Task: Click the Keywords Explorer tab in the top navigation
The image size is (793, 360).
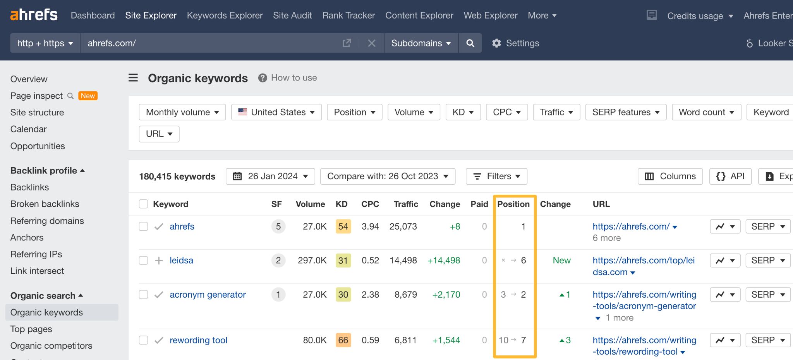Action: tap(225, 15)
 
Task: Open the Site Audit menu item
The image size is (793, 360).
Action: tap(292, 15)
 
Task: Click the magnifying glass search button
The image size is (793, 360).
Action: tap(470, 43)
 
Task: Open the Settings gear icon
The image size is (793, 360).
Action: tap(496, 43)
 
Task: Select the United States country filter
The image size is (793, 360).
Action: tap(276, 112)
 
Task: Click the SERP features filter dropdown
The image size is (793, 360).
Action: tap(626, 112)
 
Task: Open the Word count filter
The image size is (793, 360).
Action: tap(706, 112)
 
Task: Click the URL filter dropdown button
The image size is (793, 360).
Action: tap(159, 134)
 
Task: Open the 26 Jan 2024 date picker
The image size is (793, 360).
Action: tap(270, 177)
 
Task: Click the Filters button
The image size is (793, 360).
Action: tap(496, 177)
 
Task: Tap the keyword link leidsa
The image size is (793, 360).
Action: tap(181, 261)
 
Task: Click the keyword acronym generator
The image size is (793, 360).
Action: tap(208, 295)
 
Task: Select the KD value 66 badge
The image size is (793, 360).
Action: tap(343, 340)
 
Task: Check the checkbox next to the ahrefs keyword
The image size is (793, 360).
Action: tap(144, 226)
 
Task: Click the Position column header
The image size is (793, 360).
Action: tap(513, 204)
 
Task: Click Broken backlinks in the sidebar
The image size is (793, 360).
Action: tap(45, 204)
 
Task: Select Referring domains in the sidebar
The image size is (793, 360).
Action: tap(47, 221)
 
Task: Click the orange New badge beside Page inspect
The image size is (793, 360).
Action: tap(88, 96)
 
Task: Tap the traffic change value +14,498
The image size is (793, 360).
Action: tap(443, 261)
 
